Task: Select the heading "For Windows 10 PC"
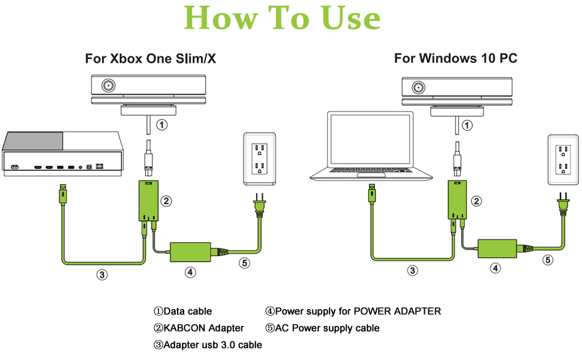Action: point(455,58)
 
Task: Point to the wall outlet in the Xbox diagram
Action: point(259,158)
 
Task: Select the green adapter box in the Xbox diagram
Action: point(149,200)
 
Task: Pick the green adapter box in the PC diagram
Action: point(460,200)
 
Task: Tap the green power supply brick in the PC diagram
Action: point(497,248)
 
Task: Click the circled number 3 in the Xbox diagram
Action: point(103,275)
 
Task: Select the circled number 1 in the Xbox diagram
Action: point(161,125)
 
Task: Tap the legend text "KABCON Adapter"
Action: point(203,328)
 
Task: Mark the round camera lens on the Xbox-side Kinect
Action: point(109,85)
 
